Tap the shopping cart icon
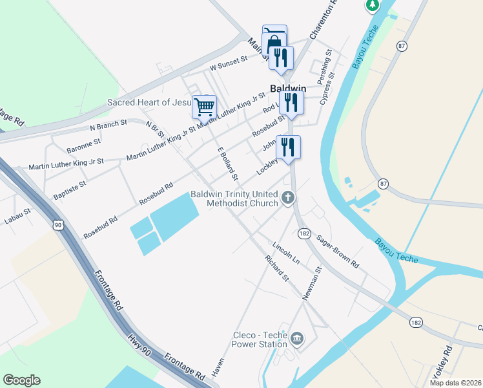(x=204, y=106)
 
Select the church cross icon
(x=289, y=198)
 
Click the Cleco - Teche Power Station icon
(x=297, y=338)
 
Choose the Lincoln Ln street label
(x=287, y=253)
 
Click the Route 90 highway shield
(x=58, y=224)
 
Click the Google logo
(x=21, y=380)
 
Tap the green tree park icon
(x=373, y=5)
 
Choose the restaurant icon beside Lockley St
(x=288, y=147)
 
